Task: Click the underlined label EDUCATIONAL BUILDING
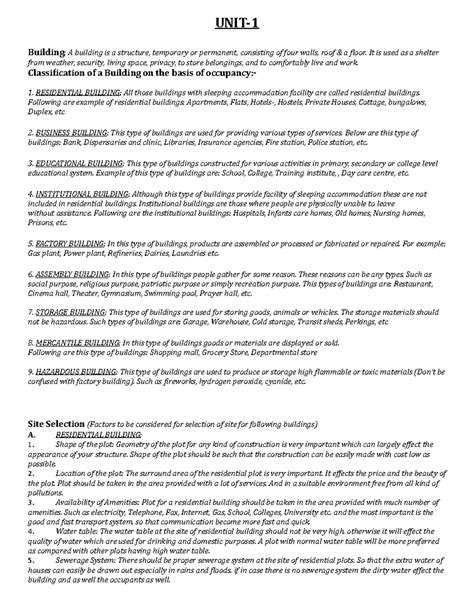point(76,160)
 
